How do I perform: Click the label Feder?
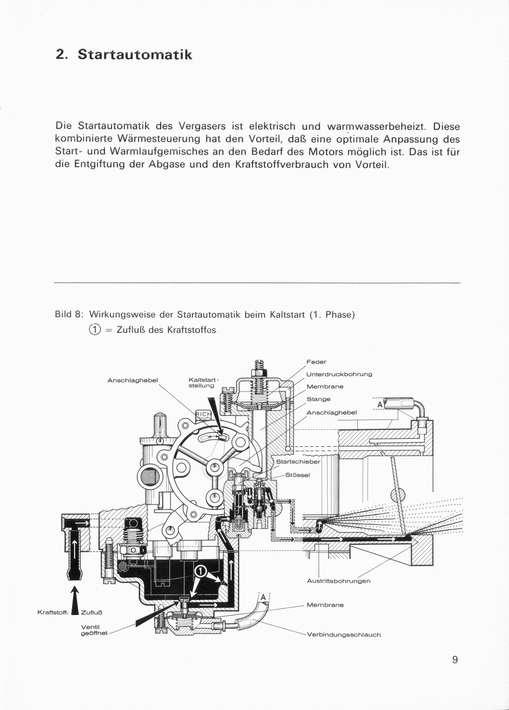[316, 362]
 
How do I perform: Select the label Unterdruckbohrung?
[339, 374]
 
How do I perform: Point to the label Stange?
[318, 399]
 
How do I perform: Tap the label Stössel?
[298, 475]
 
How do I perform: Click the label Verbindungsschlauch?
[344, 634]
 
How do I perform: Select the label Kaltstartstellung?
[201, 382]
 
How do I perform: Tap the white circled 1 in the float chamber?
[200, 571]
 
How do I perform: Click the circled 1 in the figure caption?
[94, 329]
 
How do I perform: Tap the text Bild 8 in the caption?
[68, 315]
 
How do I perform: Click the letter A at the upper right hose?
[380, 405]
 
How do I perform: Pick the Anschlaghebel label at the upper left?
[133, 381]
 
